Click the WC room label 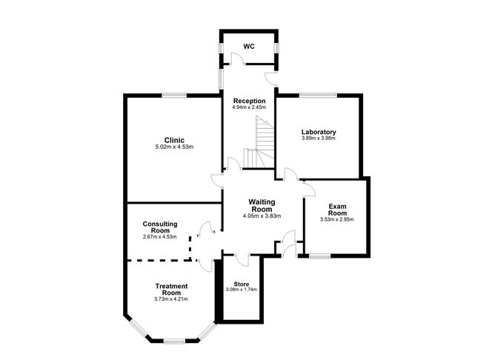tap(249, 47)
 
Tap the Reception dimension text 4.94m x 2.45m tap(249, 107)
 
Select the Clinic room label tap(174, 140)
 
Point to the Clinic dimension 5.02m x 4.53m tap(174, 147)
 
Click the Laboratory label tap(319, 132)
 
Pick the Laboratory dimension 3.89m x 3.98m tap(319, 139)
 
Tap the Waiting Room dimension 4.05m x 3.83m tap(262, 216)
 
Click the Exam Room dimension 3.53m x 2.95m tap(337, 219)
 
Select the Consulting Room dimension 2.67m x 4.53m tap(160, 236)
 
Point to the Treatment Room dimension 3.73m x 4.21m tap(171, 299)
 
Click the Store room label tap(242, 284)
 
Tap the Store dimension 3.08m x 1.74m tap(242, 290)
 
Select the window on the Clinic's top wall tap(174, 95)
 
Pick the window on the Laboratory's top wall tap(318, 95)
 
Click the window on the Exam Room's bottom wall tap(320, 256)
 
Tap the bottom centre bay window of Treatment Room tap(174, 341)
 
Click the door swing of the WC tap(236, 59)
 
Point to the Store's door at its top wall tap(242, 260)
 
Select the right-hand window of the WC tap(276, 47)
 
